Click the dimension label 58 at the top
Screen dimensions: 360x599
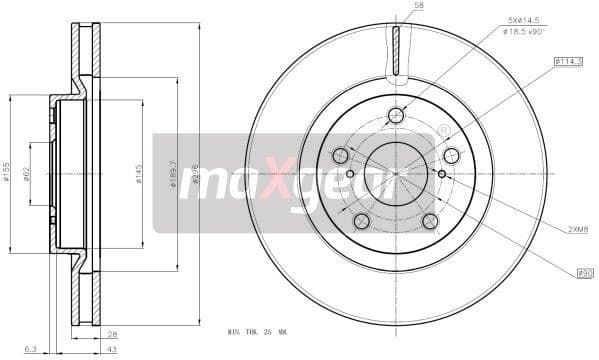click(x=419, y=7)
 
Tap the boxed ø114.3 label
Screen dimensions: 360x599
click(x=568, y=62)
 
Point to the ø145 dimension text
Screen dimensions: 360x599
click(x=140, y=175)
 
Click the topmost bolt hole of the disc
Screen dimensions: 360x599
click(x=396, y=115)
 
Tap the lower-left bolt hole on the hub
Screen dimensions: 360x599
click(x=362, y=220)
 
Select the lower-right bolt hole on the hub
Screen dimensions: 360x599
click(x=430, y=221)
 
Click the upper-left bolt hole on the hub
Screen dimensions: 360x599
click(x=340, y=155)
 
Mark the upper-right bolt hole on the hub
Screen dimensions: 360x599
click(x=451, y=155)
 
